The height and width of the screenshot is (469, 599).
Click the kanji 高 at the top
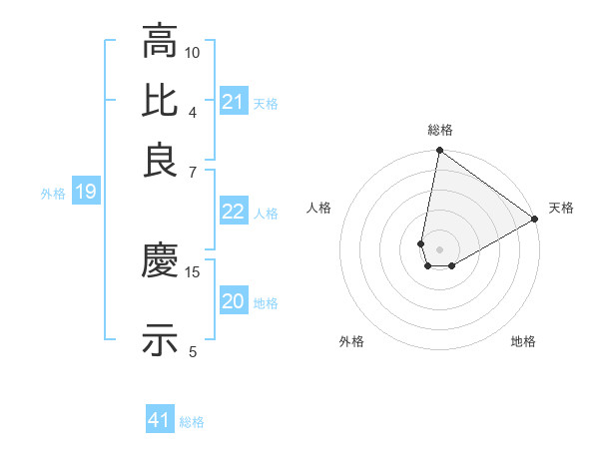coord(160,42)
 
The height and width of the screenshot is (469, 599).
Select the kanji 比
coord(160,101)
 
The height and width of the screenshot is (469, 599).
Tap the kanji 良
coord(160,160)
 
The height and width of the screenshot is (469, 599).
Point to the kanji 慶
coord(160,261)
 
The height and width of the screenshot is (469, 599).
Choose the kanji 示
coord(160,339)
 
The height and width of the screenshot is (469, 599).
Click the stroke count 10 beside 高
coord(193,52)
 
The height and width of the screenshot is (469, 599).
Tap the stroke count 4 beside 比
coord(193,111)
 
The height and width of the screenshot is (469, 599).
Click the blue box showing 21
coord(234,102)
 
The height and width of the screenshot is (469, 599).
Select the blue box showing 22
coord(234,212)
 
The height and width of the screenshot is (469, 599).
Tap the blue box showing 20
coord(234,301)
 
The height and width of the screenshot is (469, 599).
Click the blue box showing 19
coord(86,192)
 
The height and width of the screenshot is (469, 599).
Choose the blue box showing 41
coord(160,420)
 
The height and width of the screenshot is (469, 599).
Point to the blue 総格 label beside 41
coord(192,422)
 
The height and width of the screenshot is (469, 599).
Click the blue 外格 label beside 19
coord(52,194)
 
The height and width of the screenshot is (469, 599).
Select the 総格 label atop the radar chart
coord(440,130)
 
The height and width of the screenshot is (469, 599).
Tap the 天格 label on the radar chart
coord(561,208)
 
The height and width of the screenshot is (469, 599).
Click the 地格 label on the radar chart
coord(523,341)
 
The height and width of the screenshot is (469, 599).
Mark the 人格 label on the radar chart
coord(319,208)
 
